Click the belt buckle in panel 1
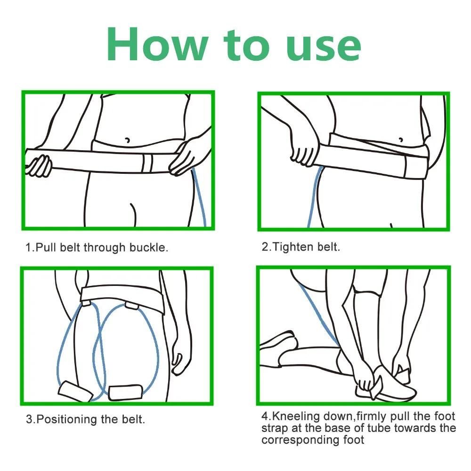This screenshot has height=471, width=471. click(x=147, y=163)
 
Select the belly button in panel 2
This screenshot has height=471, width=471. click(x=401, y=140)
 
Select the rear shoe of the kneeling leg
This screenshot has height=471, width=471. click(x=278, y=342)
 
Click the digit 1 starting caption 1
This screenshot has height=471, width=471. click(x=28, y=248)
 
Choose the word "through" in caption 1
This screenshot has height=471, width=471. click(x=105, y=248)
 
